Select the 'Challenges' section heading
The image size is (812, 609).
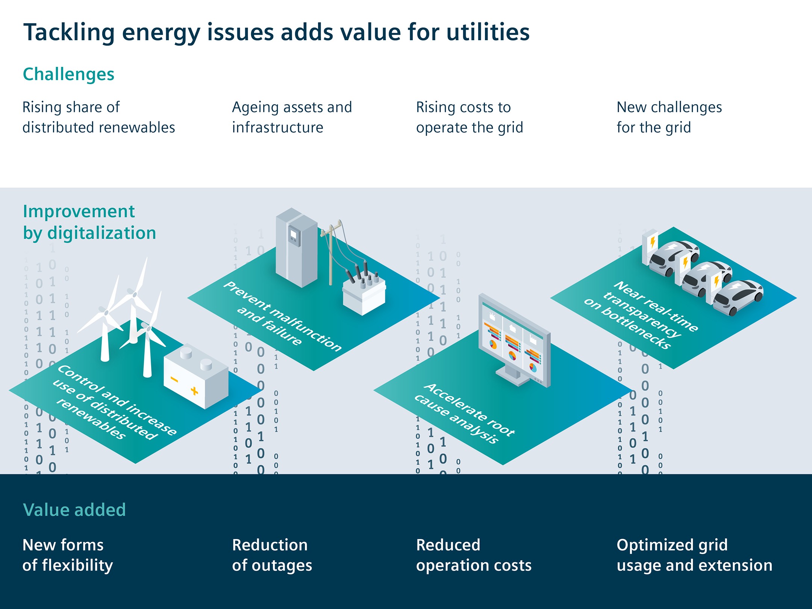pos(68,74)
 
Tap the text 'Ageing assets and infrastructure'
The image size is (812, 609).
pos(292,117)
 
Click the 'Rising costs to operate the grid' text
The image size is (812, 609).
pos(469,117)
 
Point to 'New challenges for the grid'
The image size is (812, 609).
pos(669,117)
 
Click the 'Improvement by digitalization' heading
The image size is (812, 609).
pos(89,222)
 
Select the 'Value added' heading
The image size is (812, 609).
pos(74,510)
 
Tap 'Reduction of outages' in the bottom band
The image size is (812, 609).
pos(272,555)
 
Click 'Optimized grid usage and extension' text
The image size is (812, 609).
pos(694,555)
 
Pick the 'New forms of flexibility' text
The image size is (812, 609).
pos(68,555)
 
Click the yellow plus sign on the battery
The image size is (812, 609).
pos(194,391)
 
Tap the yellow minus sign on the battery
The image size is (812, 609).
pos(174,380)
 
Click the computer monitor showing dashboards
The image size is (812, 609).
pos(513,340)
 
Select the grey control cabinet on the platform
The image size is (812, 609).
pos(295,250)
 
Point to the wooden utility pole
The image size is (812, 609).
pos(331,256)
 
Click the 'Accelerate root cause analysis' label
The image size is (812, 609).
pos(464,414)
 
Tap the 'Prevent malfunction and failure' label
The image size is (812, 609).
pos(282,316)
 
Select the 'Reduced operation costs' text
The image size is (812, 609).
pos(474,555)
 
